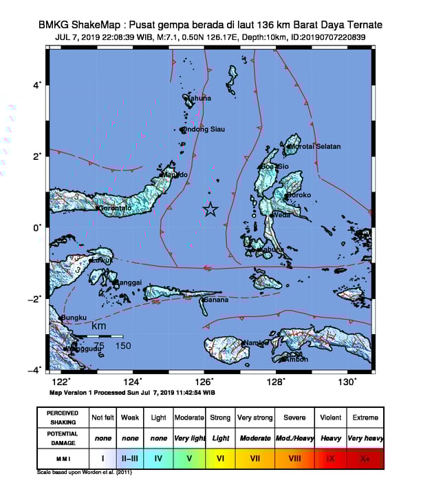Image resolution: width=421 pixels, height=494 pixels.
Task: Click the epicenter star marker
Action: (x=210, y=210)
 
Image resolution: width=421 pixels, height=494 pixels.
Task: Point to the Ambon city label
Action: (x=296, y=359)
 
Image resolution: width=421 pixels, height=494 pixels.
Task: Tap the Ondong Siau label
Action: (x=204, y=129)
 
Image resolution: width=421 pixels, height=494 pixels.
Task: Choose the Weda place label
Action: (x=283, y=215)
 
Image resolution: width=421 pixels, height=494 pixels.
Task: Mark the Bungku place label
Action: (x=74, y=318)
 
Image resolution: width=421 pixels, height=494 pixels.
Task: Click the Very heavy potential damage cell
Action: (x=365, y=438)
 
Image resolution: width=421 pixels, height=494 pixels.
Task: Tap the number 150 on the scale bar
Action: (x=123, y=346)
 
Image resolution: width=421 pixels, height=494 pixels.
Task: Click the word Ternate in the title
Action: (x=365, y=25)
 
